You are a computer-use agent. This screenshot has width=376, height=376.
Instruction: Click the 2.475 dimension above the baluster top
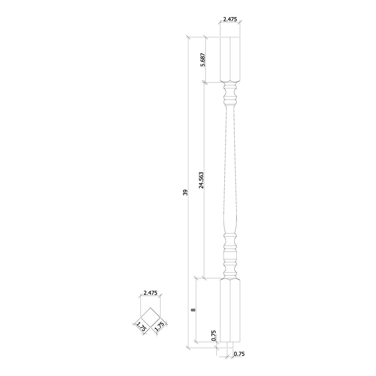230,19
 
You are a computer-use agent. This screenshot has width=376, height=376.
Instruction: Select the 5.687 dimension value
203,60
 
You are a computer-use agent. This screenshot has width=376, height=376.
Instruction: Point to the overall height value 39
185,192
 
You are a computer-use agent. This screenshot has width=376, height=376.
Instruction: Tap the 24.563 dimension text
201,180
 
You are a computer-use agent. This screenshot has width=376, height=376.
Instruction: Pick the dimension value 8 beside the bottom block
193,310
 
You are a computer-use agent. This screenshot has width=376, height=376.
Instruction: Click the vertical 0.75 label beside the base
214,335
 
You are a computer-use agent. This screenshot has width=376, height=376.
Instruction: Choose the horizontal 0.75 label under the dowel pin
239,354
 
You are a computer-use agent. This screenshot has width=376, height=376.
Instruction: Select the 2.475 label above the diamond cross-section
150,293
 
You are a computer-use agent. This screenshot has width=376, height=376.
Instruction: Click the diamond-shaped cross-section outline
150,317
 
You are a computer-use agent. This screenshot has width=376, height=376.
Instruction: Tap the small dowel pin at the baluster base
230,345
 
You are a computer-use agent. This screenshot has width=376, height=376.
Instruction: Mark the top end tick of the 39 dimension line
188,38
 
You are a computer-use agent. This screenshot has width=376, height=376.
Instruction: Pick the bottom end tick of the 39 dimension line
188,347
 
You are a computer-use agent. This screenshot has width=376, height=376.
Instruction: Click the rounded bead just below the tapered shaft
230,234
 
